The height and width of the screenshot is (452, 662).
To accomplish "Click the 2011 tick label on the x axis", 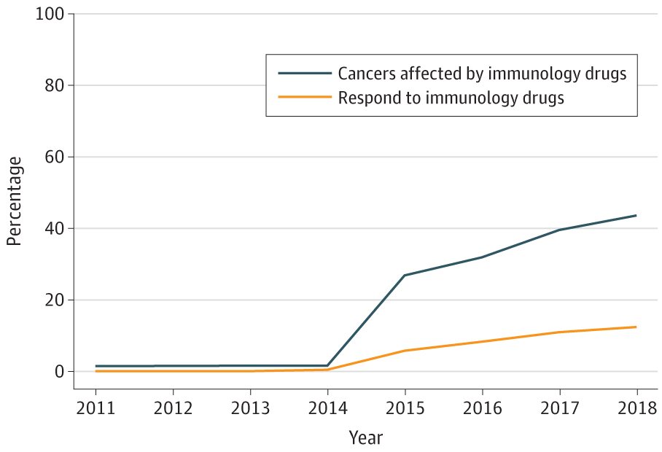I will click(96, 408).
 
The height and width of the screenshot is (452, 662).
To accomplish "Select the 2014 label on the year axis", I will click(327, 408).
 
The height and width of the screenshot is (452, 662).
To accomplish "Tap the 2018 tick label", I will click(636, 408).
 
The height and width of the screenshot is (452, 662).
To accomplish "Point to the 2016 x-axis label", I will click(482, 408).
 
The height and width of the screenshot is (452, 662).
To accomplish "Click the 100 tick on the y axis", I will click(51, 15).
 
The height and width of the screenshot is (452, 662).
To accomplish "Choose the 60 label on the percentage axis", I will click(55, 157).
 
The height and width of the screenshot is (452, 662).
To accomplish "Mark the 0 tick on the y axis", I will click(60, 372).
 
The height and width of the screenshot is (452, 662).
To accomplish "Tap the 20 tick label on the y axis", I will click(55, 300).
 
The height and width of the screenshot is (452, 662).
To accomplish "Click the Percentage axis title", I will click(15, 200).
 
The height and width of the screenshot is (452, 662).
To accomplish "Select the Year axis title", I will click(365, 437).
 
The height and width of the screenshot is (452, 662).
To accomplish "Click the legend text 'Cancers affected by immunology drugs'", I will click(482, 74).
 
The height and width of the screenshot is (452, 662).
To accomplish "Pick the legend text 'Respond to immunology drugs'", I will click(451, 98).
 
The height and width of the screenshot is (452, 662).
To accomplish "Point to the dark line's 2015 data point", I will click(405, 276).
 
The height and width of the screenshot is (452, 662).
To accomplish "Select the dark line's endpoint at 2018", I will click(636, 215).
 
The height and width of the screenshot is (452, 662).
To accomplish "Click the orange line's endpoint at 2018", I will click(636, 327).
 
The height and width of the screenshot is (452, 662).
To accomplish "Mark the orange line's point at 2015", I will click(405, 351).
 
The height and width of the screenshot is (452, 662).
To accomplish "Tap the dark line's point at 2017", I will click(559, 230).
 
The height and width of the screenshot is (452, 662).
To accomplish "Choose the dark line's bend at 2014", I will click(327, 365).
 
